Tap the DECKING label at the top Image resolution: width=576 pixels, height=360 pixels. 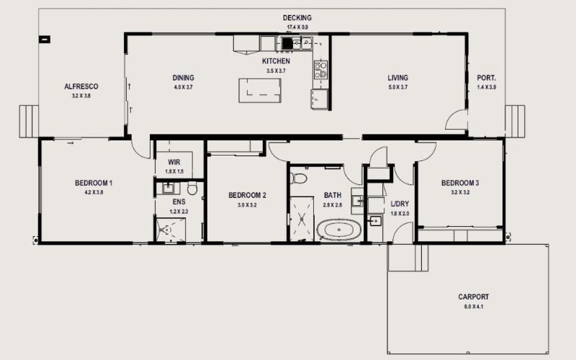coord(297,18)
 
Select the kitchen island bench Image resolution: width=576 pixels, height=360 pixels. coord(260,91)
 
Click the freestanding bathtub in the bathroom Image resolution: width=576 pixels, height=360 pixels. coord(339,230)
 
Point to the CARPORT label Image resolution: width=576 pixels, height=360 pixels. coord(473,297)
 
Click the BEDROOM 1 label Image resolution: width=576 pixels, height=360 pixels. coord(94,183)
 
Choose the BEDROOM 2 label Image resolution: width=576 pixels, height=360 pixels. coord(248,195)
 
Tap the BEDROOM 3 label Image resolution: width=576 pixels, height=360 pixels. coord(460,183)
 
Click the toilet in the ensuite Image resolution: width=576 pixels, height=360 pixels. coord(192,189)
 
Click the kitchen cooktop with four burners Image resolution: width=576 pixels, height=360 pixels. coord(321,70)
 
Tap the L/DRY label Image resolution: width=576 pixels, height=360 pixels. coord(399,204)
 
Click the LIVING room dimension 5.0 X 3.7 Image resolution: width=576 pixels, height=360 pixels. coord(397,87)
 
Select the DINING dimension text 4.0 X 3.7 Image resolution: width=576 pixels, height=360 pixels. coord(183,87)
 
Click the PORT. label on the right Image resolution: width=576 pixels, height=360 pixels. coord(487,78)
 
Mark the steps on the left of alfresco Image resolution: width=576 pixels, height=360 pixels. coord(29,121)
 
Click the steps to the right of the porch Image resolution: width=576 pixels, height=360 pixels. coord(515,121)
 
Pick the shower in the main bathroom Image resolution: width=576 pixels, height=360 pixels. coord(302,218)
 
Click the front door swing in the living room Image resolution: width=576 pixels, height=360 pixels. coord(456,121)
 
